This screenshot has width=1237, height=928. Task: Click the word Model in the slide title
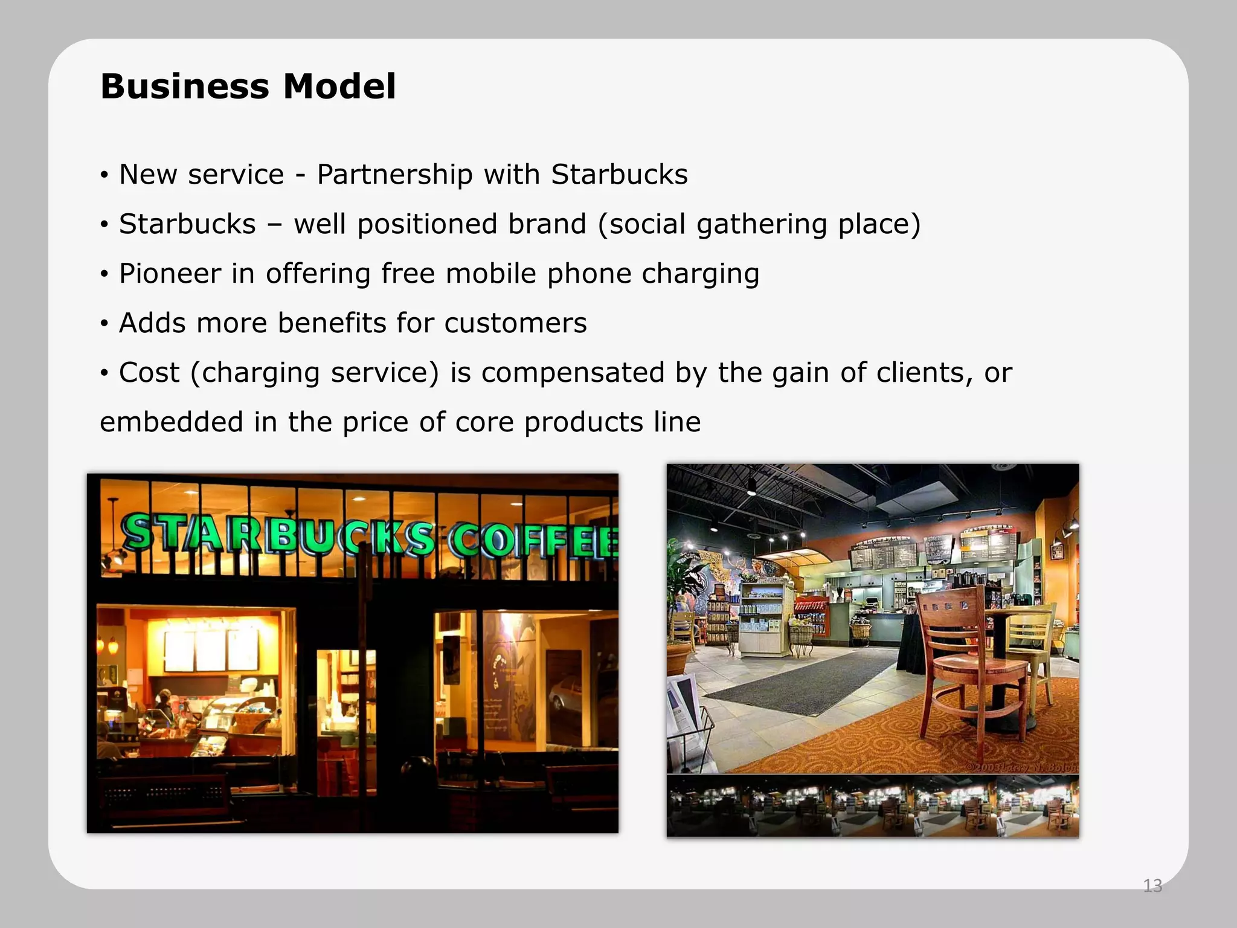339,86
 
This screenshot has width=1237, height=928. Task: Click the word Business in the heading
184,86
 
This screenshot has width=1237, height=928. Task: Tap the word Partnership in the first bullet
395,175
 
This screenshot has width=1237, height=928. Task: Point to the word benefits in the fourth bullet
332,323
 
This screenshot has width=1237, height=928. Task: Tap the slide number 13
1152,886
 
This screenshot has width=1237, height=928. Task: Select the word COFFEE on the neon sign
535,540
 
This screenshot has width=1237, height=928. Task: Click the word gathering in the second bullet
762,225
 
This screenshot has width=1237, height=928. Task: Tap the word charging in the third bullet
700,274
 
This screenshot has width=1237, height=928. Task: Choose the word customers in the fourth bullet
515,323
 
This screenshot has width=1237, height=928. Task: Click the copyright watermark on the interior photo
1021,767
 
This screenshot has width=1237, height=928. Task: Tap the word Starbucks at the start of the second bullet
187,225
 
